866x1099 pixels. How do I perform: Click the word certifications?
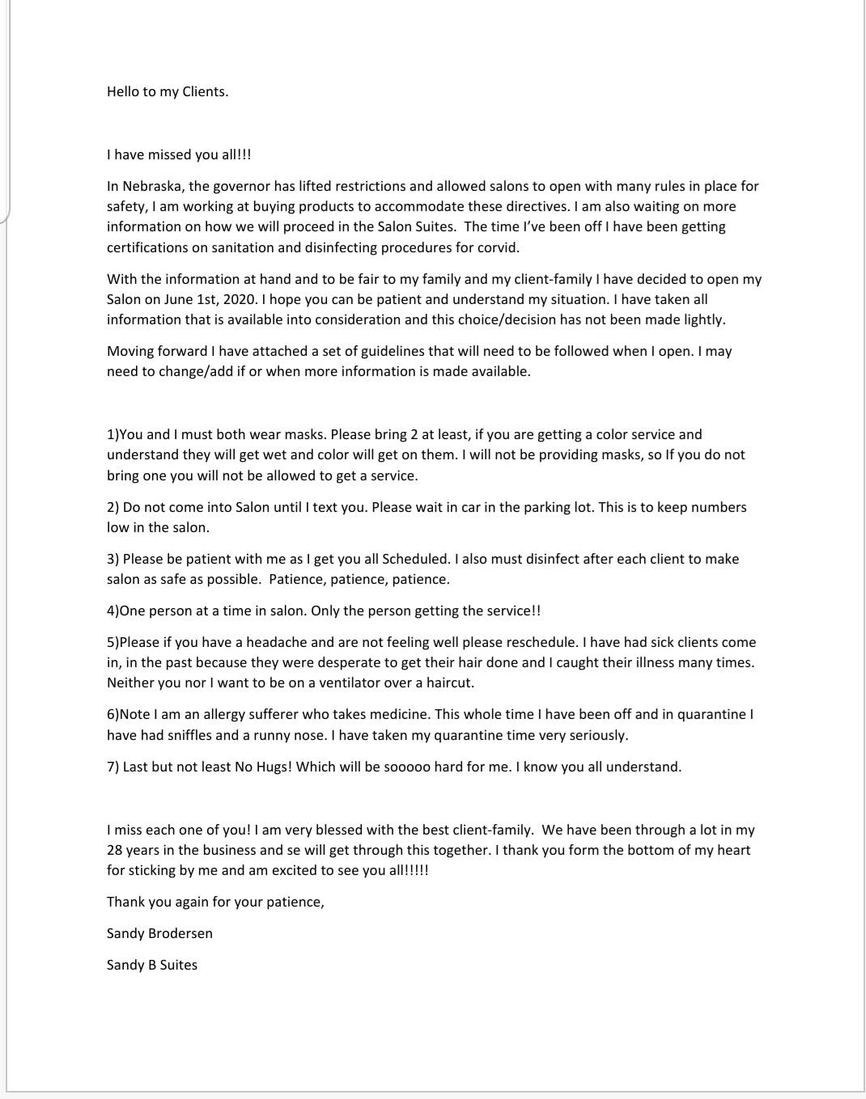(x=147, y=247)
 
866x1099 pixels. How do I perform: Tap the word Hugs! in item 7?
(x=274, y=767)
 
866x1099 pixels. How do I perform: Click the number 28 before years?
(x=115, y=850)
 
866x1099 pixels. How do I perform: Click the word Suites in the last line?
(x=178, y=965)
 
